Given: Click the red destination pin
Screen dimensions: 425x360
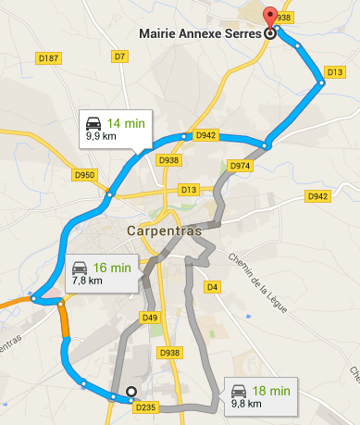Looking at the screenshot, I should point(269,17).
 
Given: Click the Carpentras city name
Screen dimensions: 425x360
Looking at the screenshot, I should point(162,231).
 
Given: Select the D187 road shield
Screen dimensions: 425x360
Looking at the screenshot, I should point(50,58).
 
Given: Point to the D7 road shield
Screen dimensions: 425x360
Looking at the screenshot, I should point(118,57).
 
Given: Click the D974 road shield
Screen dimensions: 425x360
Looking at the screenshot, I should point(239,166).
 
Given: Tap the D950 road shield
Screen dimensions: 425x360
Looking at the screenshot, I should point(84,174).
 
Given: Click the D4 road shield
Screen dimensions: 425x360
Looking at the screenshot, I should point(212,287).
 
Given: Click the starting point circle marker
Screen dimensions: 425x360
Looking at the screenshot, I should point(131,392).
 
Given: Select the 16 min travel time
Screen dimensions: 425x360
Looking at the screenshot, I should point(112,267).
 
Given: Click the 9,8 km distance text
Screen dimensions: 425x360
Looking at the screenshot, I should point(247,404).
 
